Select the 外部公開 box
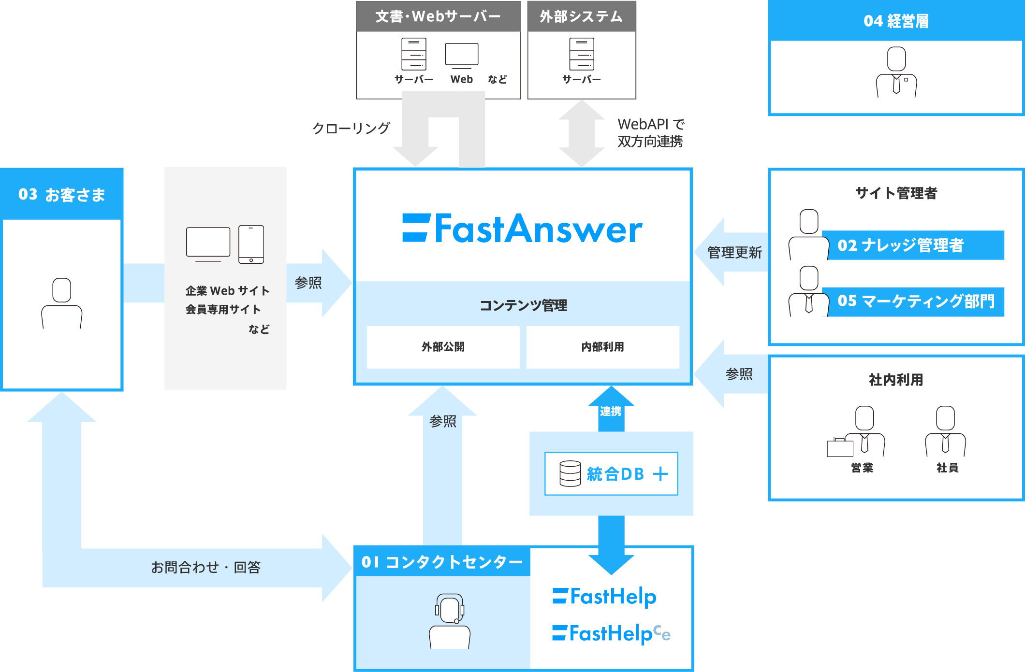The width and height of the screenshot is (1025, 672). [x=443, y=347]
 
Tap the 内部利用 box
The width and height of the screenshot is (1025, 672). [x=602, y=347]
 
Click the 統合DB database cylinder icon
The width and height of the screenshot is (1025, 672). [x=570, y=473]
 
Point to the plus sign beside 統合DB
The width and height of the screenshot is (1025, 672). [x=660, y=474]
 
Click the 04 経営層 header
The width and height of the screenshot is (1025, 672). [x=896, y=21]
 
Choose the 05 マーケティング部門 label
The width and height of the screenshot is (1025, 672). [x=915, y=301]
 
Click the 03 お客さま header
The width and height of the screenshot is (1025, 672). [x=62, y=194]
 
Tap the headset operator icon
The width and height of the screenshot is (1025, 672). [x=450, y=620]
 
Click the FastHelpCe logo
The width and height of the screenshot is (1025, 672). [x=611, y=633]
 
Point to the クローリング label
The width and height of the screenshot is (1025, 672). [x=351, y=128]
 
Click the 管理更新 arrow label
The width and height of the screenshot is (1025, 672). [x=734, y=252]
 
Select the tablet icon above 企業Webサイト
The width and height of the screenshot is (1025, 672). [x=251, y=244]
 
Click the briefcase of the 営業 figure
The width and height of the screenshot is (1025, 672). [x=840, y=447]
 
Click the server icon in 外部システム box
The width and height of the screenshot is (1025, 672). [x=581, y=54]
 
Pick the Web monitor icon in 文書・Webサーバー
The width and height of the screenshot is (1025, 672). [x=462, y=55]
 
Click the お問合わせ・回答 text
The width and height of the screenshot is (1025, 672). [x=205, y=567]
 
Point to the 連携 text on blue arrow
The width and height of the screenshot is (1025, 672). [x=611, y=411]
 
